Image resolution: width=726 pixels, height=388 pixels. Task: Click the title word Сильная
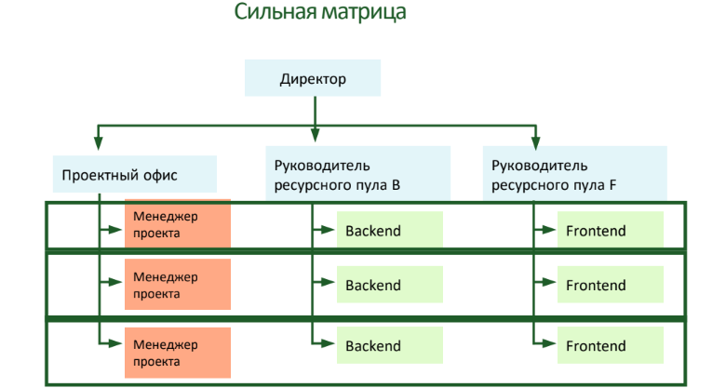[274, 13]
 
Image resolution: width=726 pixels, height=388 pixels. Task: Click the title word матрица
[361, 13]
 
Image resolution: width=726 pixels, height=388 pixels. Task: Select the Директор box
[313, 79]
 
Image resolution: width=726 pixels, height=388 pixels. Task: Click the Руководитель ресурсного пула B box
[357, 174]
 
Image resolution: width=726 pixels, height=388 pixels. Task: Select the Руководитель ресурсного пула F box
[574, 174]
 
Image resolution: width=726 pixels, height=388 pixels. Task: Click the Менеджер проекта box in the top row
[177, 224]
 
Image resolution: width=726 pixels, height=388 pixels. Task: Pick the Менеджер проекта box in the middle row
[177, 285]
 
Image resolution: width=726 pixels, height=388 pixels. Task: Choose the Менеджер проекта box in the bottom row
[177, 345]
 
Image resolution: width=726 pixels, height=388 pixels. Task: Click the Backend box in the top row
[390, 231]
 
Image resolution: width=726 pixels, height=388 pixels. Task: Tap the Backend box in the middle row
[390, 286]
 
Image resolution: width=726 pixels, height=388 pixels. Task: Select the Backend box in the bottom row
[390, 346]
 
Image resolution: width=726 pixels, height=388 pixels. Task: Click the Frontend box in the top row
[610, 231]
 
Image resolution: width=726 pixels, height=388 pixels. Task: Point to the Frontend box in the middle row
[610, 286]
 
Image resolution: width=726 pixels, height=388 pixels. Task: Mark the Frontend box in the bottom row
[610, 346]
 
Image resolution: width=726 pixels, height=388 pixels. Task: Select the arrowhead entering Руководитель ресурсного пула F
[535, 142]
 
